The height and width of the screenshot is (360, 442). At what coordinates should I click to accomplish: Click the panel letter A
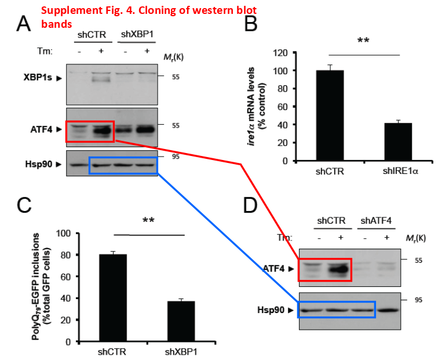pos(23,24)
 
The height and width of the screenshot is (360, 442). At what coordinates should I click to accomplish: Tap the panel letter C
pos(24,206)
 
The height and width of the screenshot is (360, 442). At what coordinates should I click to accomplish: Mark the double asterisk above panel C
pos(149,221)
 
